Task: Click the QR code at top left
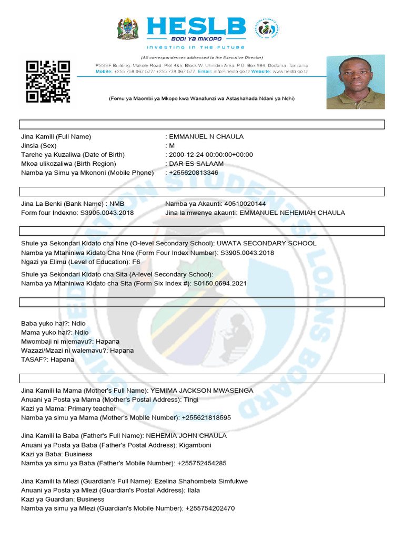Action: coord(48,82)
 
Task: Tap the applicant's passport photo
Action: coord(355,82)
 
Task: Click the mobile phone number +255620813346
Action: coord(194,173)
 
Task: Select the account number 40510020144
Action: coord(245,204)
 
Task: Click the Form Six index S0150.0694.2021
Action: coord(220,284)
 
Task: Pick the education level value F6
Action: coord(136,262)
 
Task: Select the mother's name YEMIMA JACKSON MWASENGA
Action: coord(202,391)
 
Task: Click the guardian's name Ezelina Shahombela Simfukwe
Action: coord(201,481)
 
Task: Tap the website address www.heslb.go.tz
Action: coord(290,71)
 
